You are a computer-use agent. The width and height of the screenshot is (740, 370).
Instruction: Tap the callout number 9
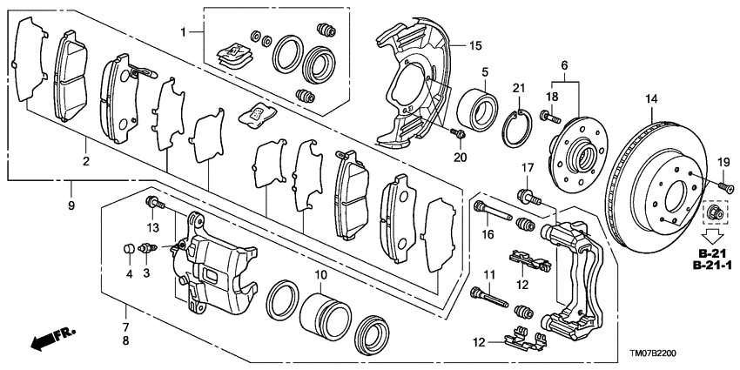71,205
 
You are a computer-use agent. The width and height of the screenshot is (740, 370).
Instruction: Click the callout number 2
85,161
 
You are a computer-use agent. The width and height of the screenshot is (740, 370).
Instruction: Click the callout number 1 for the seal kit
183,32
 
